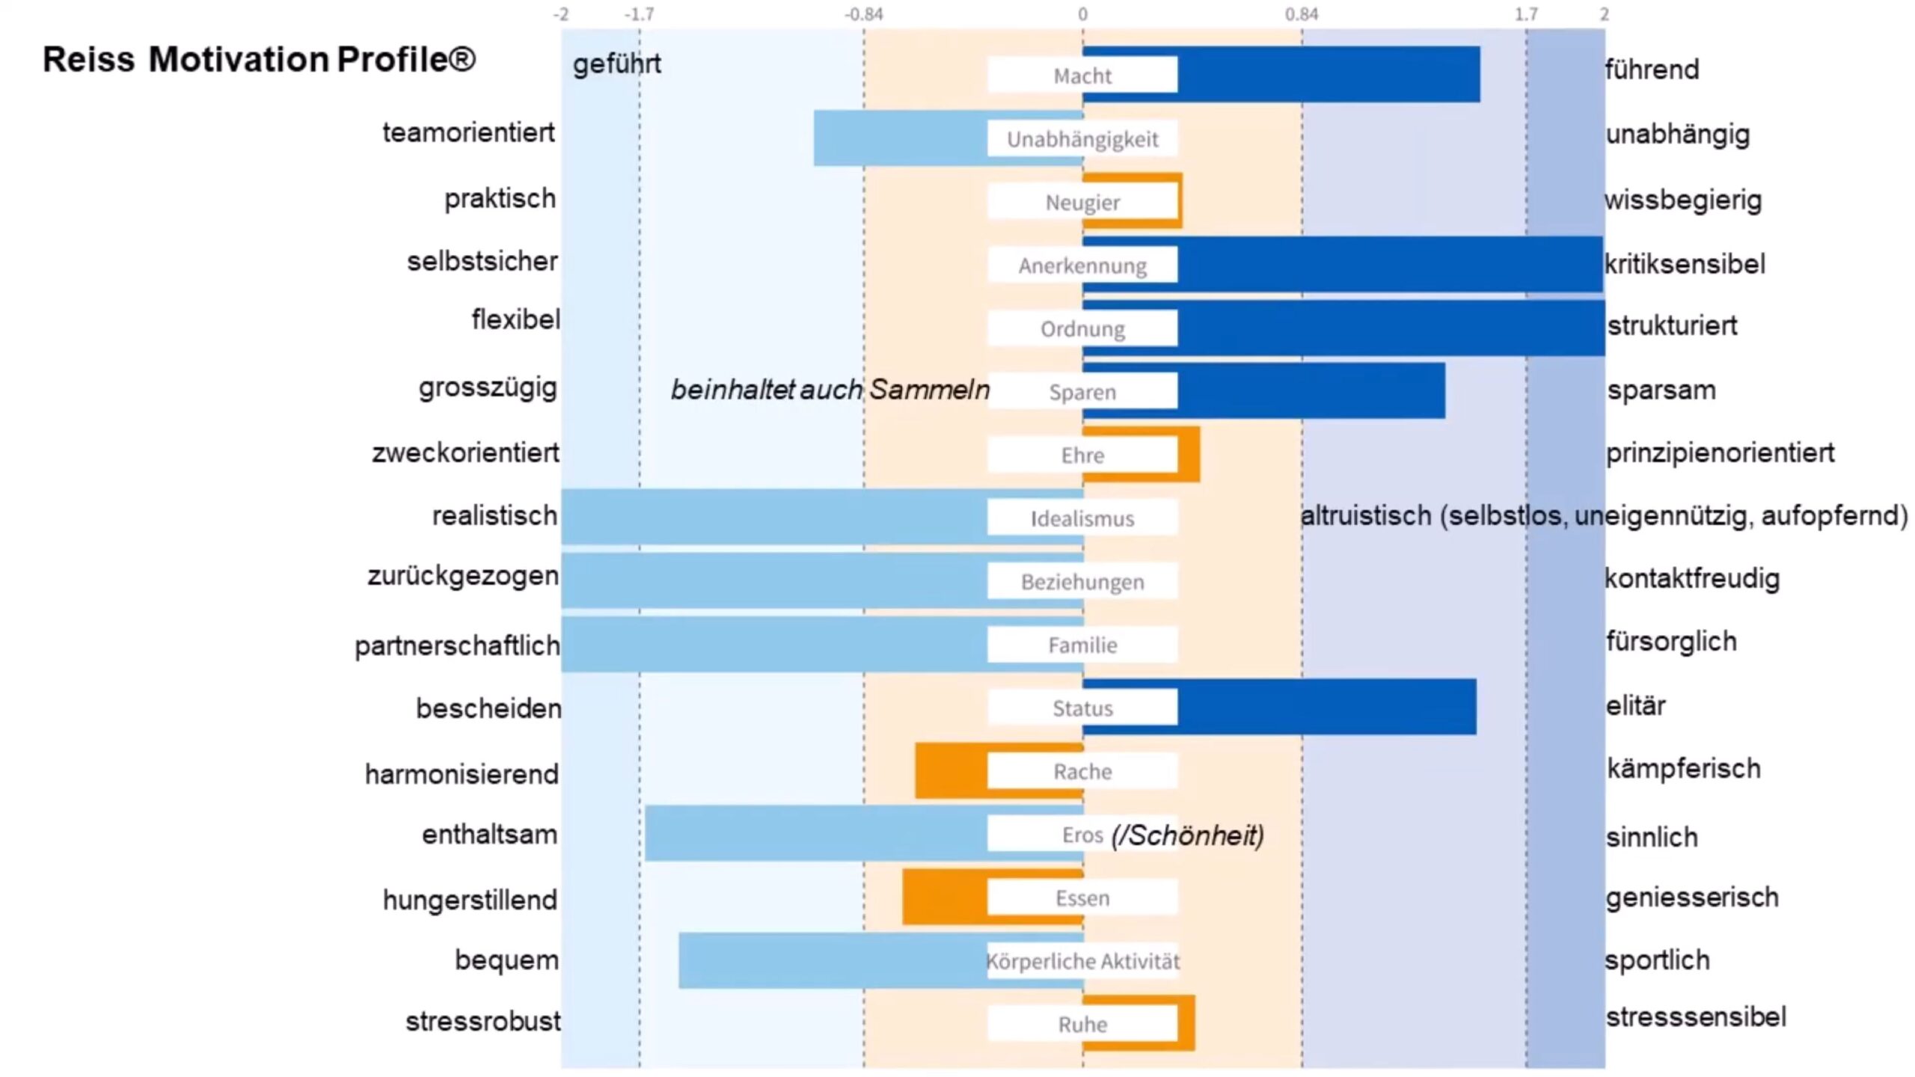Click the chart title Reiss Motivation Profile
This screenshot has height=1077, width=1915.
(x=259, y=60)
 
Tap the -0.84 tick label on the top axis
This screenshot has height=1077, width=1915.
(x=864, y=14)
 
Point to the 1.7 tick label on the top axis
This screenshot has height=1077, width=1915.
(x=1526, y=14)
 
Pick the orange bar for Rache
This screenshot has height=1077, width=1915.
(x=950, y=770)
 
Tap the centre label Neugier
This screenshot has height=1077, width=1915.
(x=1082, y=202)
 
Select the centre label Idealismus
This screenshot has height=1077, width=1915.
(x=1082, y=518)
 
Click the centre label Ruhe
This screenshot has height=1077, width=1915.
(x=1082, y=1024)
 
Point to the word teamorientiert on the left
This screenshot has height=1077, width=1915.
(x=468, y=132)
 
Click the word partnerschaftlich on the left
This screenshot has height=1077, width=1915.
(x=457, y=645)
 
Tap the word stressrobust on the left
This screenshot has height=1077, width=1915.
(x=482, y=1021)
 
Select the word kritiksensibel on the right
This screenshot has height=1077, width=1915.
(x=1685, y=264)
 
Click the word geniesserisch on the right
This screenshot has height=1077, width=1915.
(x=1692, y=897)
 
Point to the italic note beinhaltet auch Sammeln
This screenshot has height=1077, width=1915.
(x=830, y=390)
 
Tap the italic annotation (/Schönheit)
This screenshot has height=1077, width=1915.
(x=1188, y=835)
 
